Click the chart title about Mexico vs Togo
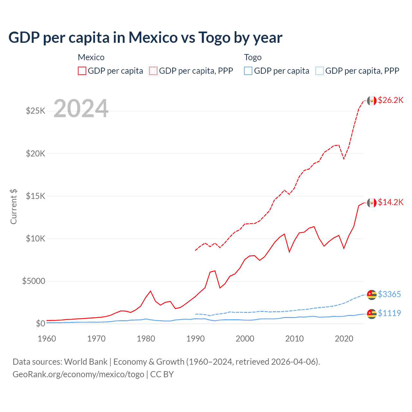(x=145, y=38)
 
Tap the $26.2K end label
(x=390, y=100)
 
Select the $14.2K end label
(x=390, y=202)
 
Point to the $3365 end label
(x=389, y=294)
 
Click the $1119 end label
(x=389, y=313)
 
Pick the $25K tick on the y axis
(x=35, y=111)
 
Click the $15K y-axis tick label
(x=35, y=196)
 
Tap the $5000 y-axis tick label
(x=33, y=281)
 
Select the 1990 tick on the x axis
(x=195, y=339)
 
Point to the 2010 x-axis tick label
(x=295, y=339)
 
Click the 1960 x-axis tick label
(x=47, y=339)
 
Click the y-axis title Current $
(x=14, y=207)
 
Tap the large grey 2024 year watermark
(x=81, y=108)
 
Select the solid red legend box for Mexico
(x=82, y=71)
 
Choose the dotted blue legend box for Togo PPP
(x=320, y=71)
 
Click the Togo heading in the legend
(x=253, y=57)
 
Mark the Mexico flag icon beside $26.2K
(x=372, y=100)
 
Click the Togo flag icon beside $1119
(x=372, y=314)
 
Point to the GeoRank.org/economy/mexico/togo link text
(x=78, y=374)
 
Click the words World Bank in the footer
(x=86, y=362)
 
